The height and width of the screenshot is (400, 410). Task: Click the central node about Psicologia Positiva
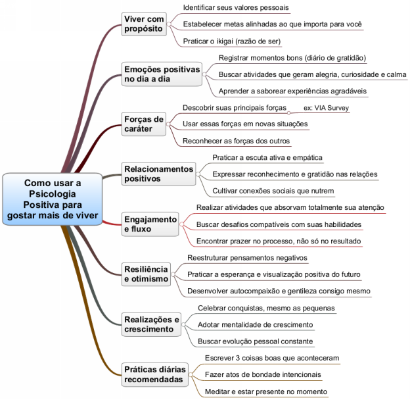pyautogui.click(x=52, y=198)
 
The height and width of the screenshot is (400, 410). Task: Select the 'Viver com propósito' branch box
pyautogui.click(x=144, y=24)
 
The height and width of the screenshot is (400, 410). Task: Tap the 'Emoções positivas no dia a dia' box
pyautogui.click(x=162, y=74)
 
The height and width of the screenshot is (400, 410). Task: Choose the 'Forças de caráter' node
pyautogui.click(x=143, y=124)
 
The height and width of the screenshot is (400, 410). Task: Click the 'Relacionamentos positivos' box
pyautogui.click(x=159, y=174)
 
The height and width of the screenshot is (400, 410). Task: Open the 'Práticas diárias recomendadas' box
pyautogui.click(x=154, y=374)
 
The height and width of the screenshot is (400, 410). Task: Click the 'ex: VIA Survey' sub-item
pyautogui.click(x=327, y=107)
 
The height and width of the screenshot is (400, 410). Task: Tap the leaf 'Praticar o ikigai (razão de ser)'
pyautogui.click(x=223, y=41)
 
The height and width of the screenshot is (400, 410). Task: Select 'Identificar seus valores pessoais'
pyautogui.click(x=226, y=7)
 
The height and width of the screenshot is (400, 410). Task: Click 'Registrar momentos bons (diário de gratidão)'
pyautogui.click(x=292, y=58)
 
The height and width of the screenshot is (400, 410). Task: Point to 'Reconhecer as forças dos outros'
pyautogui.click(x=235, y=140)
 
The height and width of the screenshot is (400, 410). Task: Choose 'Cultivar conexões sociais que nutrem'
pyautogui.click(x=273, y=191)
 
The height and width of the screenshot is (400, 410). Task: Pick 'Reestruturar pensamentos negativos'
pyautogui.click(x=247, y=257)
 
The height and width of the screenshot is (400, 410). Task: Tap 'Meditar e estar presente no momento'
pyautogui.click(x=265, y=391)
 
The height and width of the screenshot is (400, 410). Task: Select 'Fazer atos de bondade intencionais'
pyautogui.click(x=263, y=374)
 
